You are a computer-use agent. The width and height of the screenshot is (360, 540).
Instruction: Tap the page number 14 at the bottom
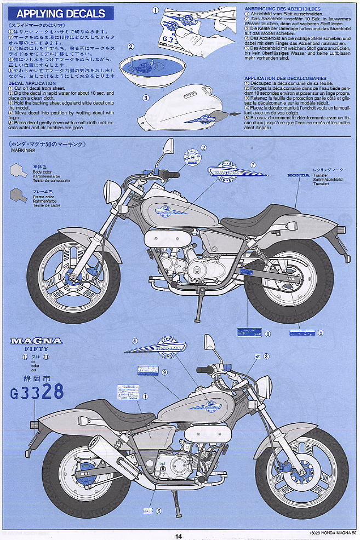click(x=179, y=536)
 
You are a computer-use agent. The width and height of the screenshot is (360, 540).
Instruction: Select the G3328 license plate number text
click(x=37, y=392)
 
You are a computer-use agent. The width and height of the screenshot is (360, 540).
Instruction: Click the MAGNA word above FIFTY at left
click(x=36, y=341)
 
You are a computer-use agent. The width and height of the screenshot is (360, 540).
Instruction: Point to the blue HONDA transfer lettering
click(x=299, y=175)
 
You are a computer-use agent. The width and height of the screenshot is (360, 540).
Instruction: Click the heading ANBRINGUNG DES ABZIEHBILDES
click(x=276, y=8)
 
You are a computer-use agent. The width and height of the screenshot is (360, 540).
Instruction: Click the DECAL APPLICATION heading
click(x=28, y=84)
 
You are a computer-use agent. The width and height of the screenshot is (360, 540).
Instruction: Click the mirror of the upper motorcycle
click(x=168, y=147)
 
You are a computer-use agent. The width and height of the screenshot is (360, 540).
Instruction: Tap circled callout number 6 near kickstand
click(x=158, y=511)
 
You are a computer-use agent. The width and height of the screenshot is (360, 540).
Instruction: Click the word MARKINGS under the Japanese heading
click(x=20, y=153)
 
